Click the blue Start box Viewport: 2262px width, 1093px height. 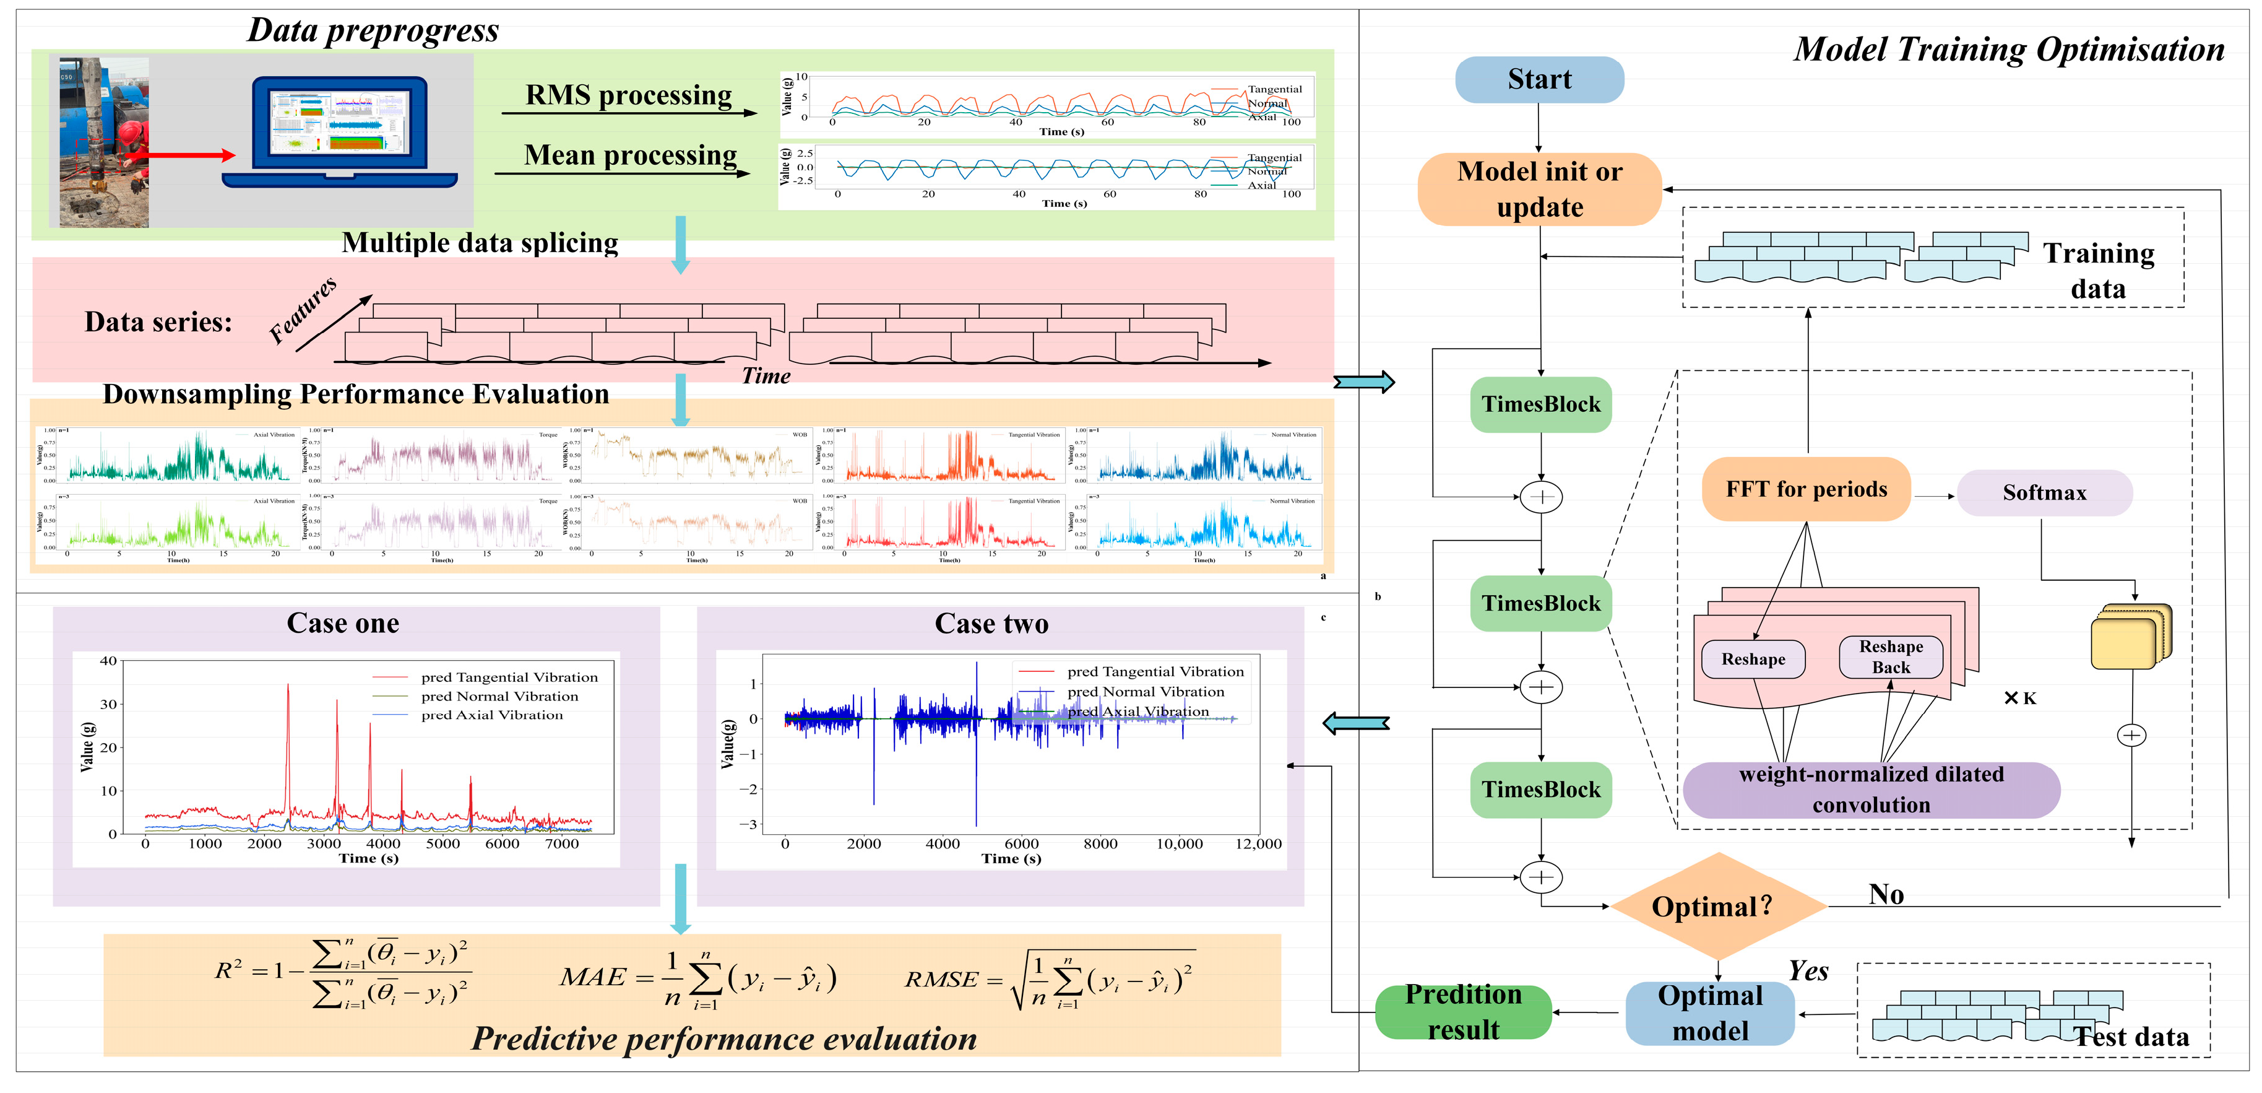[1539, 80]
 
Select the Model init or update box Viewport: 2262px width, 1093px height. [1539, 189]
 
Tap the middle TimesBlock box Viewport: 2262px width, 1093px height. [1540, 604]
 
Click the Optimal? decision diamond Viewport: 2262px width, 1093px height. [1717, 906]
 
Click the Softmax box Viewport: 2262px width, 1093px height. [2044, 493]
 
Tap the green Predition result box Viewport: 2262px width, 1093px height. [1463, 1012]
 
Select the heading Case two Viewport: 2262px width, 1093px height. [991, 624]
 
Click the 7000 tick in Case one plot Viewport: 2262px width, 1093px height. [562, 844]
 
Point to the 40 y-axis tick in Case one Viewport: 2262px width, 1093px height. [108, 661]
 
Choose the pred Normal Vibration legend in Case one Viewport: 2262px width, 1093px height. [499, 697]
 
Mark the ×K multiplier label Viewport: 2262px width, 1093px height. [2019, 699]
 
